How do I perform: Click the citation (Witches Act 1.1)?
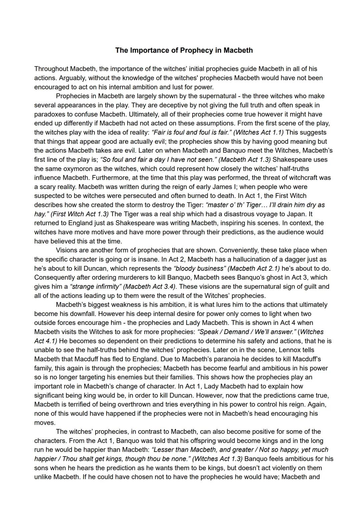259,132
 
